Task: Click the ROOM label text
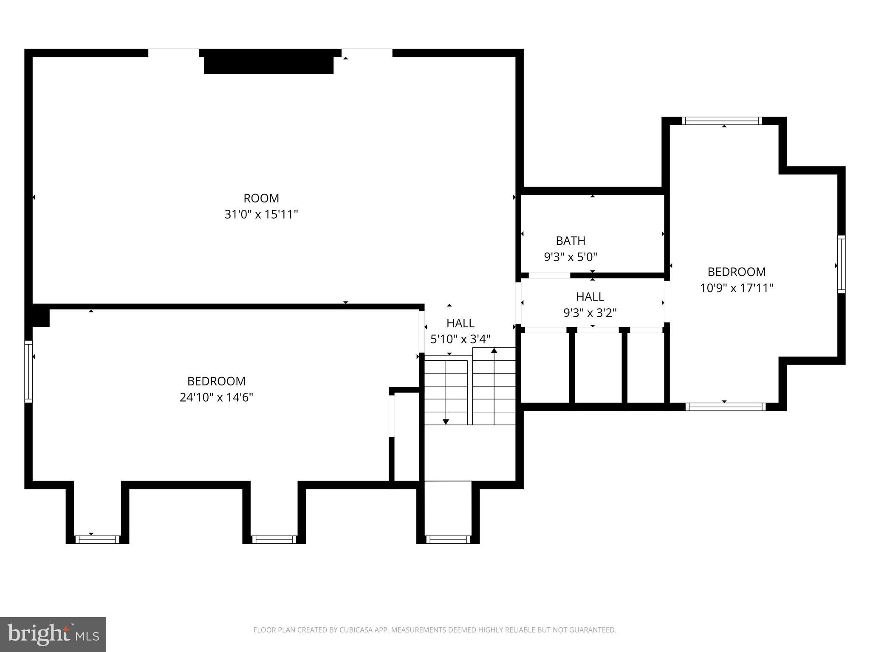[x=261, y=198]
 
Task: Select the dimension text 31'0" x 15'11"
[x=261, y=214]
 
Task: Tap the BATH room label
[x=571, y=241]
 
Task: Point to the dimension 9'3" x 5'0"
[x=571, y=257]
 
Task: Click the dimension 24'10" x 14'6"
[x=216, y=397]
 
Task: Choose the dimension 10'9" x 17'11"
[x=736, y=288]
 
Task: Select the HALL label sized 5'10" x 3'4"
[x=460, y=323]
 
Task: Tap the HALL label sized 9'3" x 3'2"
[x=590, y=296]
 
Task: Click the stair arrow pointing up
[x=494, y=351]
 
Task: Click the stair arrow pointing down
[x=446, y=422]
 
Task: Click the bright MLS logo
[x=53, y=634]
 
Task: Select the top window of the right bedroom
[x=722, y=121]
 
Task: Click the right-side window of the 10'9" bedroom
[x=841, y=264]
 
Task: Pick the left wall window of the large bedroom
[x=28, y=371]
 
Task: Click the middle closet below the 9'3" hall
[x=598, y=367]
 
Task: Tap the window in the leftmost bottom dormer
[x=97, y=540]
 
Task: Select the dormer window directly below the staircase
[x=448, y=540]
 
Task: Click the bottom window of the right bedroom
[x=726, y=407]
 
